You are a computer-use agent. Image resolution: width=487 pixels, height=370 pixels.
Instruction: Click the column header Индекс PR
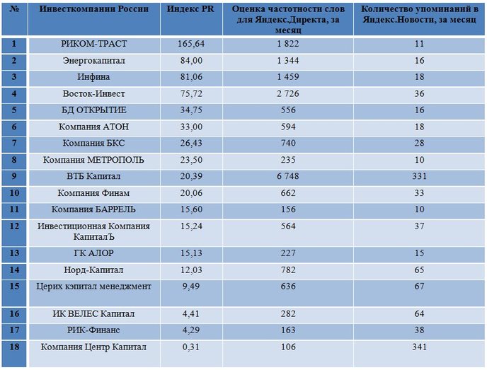pyautogui.click(x=190, y=8)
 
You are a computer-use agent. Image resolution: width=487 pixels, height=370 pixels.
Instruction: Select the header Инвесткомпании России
pyautogui.click(x=94, y=8)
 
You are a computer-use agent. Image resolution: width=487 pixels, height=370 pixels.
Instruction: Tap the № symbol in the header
pyautogui.click(x=14, y=8)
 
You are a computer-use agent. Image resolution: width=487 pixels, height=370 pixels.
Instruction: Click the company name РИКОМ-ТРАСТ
pyautogui.click(x=94, y=44)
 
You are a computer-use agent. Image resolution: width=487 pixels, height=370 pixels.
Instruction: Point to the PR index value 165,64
pyautogui.click(x=191, y=44)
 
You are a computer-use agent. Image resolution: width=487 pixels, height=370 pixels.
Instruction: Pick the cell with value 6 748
pyautogui.click(x=288, y=176)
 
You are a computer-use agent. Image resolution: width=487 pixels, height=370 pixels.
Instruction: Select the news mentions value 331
pyautogui.click(x=419, y=176)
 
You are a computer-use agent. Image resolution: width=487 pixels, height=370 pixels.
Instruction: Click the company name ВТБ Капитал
pyautogui.click(x=93, y=176)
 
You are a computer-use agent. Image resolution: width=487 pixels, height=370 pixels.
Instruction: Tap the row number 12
pyautogui.click(x=14, y=226)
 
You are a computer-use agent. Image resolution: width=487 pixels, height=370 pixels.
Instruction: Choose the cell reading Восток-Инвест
pyautogui.click(x=94, y=94)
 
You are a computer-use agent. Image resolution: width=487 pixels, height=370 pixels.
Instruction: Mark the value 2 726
pyautogui.click(x=288, y=94)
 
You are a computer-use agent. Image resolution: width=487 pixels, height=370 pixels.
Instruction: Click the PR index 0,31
pyautogui.click(x=191, y=347)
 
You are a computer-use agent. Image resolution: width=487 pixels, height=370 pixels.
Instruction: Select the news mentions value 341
pyautogui.click(x=419, y=347)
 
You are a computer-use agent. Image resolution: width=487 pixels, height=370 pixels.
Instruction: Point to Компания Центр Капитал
pyautogui.click(x=93, y=347)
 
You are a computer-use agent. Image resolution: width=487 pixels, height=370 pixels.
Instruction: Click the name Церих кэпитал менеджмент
pyautogui.click(x=94, y=287)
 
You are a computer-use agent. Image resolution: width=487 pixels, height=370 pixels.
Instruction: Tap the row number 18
pyautogui.click(x=14, y=347)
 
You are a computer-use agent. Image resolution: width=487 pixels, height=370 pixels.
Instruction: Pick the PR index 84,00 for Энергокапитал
pyautogui.click(x=191, y=61)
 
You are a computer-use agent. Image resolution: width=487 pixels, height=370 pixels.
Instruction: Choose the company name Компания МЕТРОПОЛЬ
pyautogui.click(x=93, y=160)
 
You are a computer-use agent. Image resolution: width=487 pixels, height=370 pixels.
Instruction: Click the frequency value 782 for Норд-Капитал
pyautogui.click(x=288, y=270)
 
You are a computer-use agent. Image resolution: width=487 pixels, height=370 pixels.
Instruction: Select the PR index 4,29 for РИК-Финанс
pyautogui.click(x=191, y=330)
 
